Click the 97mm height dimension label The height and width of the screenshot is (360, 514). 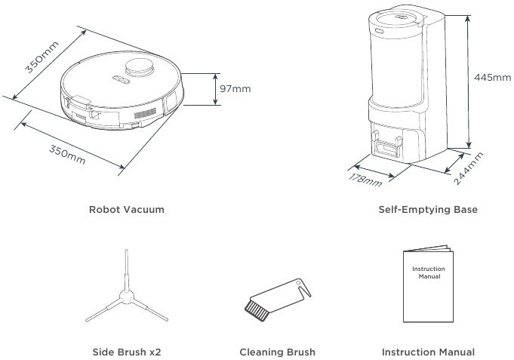pos(235,89)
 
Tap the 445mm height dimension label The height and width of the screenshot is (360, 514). pos(492,78)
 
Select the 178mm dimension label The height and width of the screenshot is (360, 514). pos(365,180)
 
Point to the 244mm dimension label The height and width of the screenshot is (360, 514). pos(469,168)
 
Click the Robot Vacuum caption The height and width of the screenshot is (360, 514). pos(127,210)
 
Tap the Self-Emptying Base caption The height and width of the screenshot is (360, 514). pos(428,210)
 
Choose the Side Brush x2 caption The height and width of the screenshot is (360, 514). pos(127,352)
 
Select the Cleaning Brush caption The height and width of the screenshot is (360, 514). pos(277,352)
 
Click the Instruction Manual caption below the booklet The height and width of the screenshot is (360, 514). pos(428,352)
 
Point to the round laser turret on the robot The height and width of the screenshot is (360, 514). pos(140,67)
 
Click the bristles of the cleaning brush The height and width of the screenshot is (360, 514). pos(257,310)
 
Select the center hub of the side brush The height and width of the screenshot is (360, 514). pos(126,297)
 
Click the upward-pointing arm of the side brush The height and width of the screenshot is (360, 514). pos(126,270)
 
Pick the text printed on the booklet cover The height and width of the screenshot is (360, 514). pos(429,272)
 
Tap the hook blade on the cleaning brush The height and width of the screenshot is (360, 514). pos(304,288)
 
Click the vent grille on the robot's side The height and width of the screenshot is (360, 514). pos(145,113)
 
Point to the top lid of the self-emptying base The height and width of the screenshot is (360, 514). pos(397,19)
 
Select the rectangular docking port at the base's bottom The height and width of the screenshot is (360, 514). pos(386,148)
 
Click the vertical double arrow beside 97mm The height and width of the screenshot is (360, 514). pos(215,89)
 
